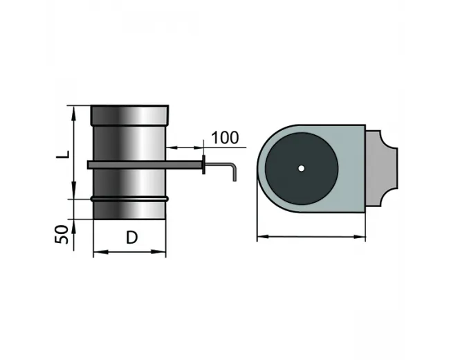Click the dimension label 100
tap(225, 138)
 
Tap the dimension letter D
tap(131, 237)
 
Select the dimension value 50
tap(62, 235)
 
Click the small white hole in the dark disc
tap(301, 168)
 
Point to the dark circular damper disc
tap(302, 169)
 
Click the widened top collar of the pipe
tap(129, 116)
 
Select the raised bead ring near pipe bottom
tap(129, 199)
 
